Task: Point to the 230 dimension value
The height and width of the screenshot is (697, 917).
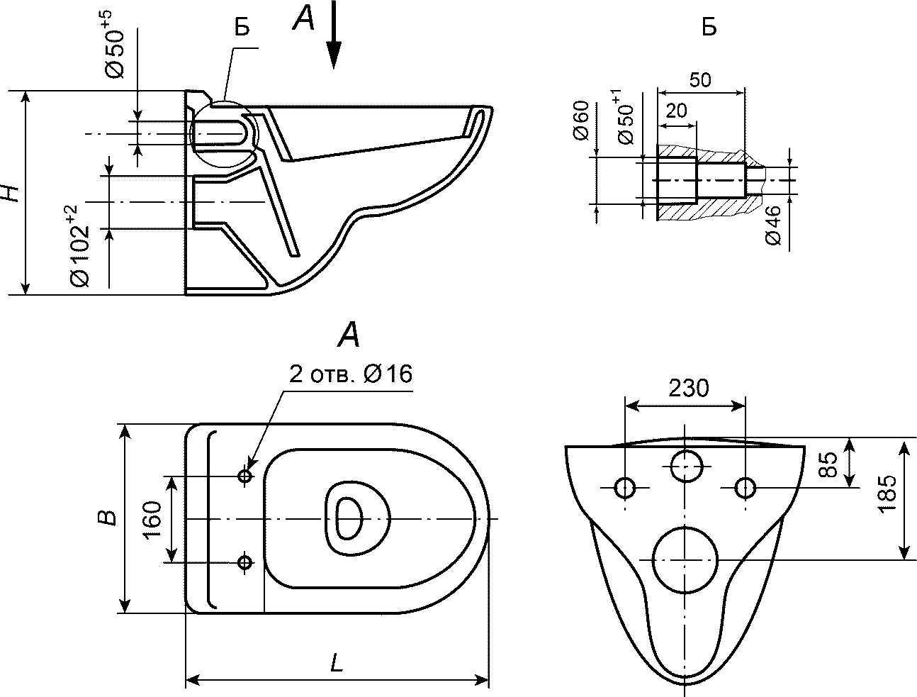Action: click(x=689, y=388)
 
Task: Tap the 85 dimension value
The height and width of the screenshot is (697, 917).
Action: click(x=828, y=464)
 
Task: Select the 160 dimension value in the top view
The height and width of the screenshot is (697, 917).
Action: click(x=152, y=520)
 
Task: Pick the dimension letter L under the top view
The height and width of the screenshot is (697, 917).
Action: click(x=337, y=663)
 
